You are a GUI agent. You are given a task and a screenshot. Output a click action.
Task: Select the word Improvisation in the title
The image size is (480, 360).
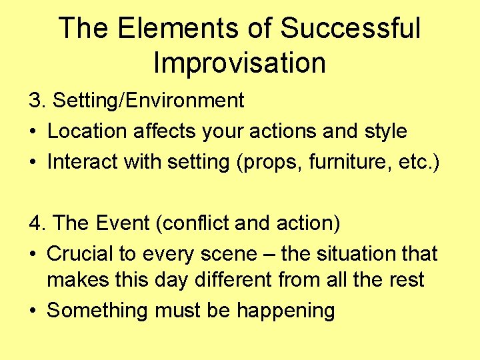click(239, 63)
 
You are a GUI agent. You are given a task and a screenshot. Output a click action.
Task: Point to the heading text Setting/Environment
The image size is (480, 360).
click(148, 101)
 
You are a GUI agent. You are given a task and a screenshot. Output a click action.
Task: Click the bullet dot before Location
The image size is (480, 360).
click(33, 131)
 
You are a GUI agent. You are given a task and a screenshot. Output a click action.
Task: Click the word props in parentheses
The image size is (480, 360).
click(275, 162)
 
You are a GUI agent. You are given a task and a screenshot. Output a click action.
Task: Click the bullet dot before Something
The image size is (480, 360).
click(33, 311)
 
